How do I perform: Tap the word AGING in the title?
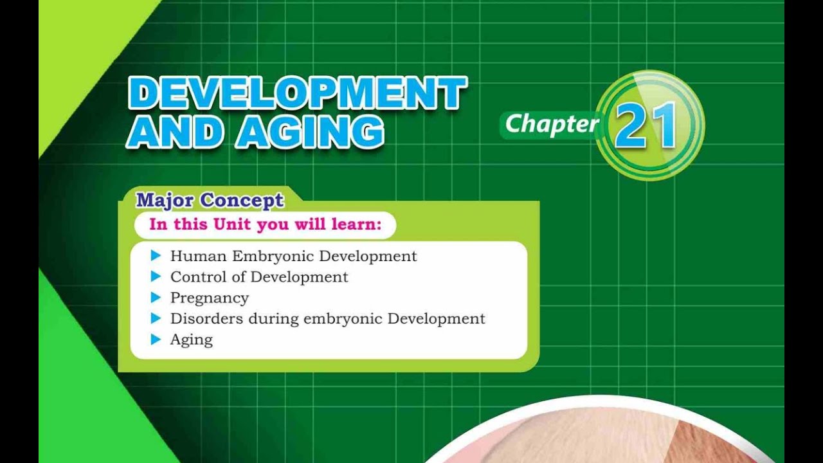pos(310,133)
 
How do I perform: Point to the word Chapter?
pos(551,124)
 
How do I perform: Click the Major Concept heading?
pos(210,200)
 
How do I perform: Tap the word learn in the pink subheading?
pos(352,225)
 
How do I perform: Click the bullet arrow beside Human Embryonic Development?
pos(155,256)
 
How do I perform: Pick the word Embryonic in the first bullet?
pos(273,256)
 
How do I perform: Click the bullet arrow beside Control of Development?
pos(155,277)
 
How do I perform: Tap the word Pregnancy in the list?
pos(209,298)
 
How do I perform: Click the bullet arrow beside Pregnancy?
pos(155,297)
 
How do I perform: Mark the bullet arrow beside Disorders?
pos(155,318)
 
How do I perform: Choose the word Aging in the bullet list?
pos(191,340)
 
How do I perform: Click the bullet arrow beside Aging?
pos(155,339)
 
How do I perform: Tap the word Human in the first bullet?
pos(199,256)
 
